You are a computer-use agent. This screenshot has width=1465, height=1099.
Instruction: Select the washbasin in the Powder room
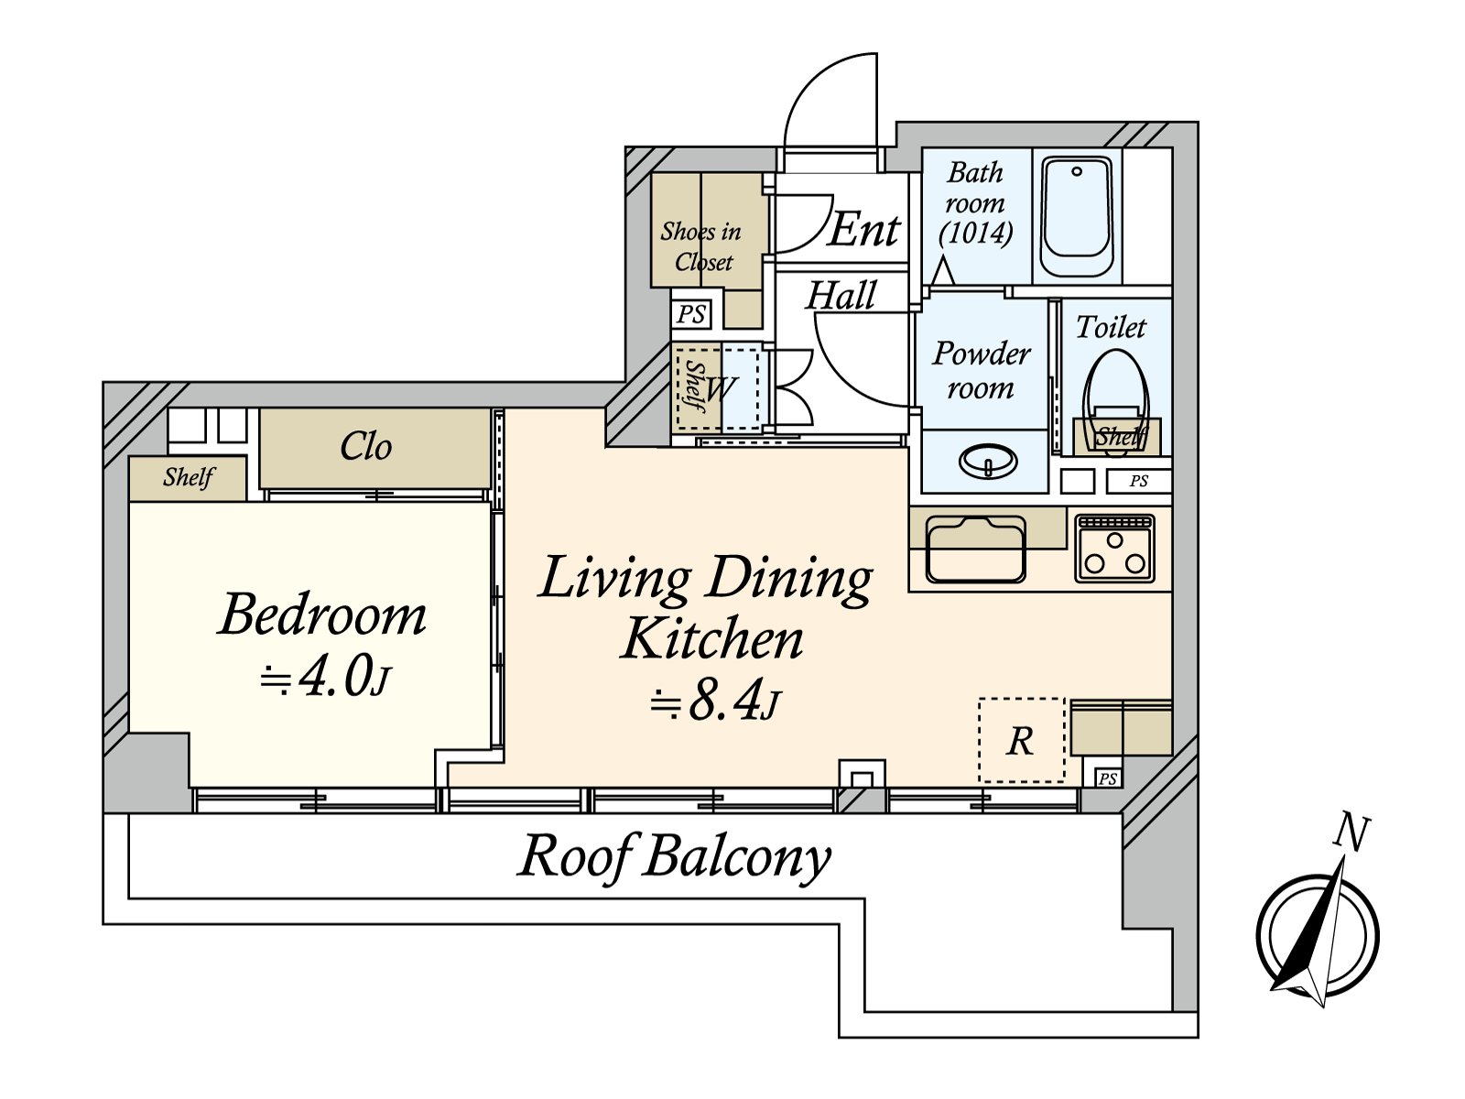(989, 461)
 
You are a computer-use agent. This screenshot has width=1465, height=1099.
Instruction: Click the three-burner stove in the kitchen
(1114, 548)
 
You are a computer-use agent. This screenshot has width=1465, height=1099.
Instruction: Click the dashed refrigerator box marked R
(1021, 740)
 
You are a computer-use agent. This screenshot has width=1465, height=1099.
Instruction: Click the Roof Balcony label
(675, 857)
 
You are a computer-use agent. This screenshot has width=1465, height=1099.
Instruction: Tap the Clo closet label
(365, 446)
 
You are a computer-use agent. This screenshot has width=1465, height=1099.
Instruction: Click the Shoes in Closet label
(701, 246)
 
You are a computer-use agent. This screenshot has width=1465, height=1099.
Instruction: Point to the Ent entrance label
(864, 230)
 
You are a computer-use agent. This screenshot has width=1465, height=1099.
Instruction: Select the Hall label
(841, 296)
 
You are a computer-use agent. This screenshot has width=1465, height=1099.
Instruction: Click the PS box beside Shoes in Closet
(690, 313)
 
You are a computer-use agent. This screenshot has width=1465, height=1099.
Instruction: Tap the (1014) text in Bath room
(976, 233)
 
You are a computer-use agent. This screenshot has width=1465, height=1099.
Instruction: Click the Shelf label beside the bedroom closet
(189, 477)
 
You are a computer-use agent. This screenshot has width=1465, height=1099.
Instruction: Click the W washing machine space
(722, 387)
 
